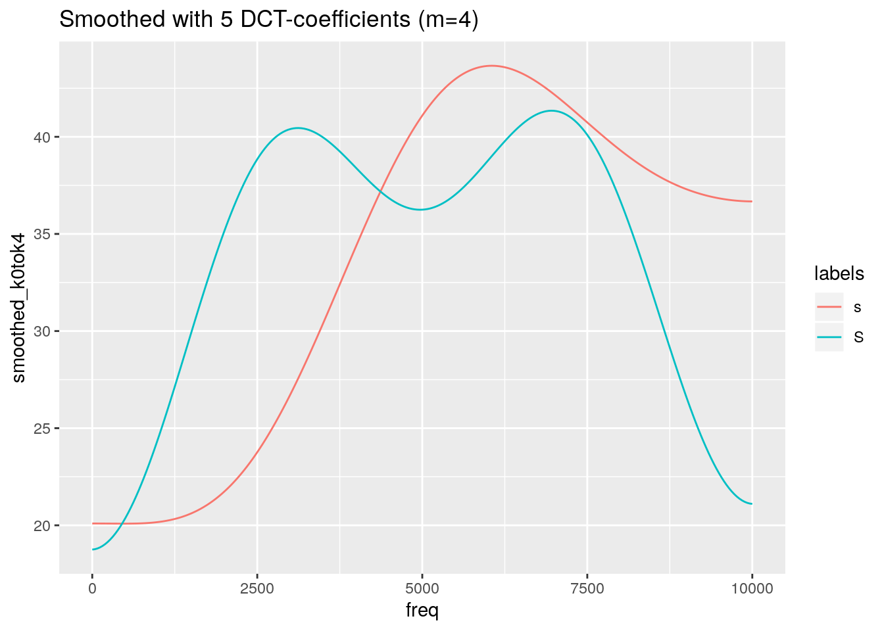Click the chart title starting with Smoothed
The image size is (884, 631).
(x=268, y=20)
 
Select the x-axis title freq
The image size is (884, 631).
(x=422, y=611)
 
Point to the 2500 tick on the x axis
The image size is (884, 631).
(x=257, y=589)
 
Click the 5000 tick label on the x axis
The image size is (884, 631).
(x=422, y=589)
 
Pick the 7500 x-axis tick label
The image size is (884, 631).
(x=587, y=589)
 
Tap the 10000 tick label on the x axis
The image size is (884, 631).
(x=752, y=589)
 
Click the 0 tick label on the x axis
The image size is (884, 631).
(x=92, y=589)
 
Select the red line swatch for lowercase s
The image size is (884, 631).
(x=829, y=307)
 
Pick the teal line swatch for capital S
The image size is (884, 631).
(x=829, y=337)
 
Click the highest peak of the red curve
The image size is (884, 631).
(x=491, y=66)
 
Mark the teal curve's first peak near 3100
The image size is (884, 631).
(x=298, y=128)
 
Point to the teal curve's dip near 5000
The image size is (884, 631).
(x=420, y=210)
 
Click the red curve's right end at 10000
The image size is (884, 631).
(x=751, y=201)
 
